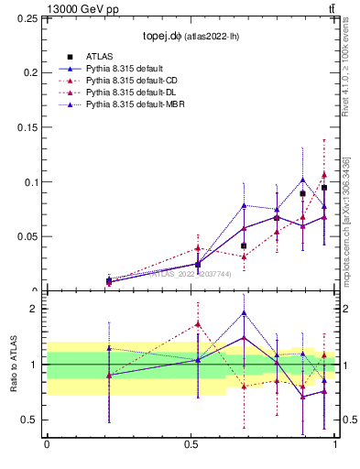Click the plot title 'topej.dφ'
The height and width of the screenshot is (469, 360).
pos(167,37)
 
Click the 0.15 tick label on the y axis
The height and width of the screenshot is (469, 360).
pos(27,127)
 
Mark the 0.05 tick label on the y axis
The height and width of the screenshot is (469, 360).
pos(27,236)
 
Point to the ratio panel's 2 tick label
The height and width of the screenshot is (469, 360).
pos(36,309)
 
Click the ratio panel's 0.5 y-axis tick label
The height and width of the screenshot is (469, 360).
pos(30,420)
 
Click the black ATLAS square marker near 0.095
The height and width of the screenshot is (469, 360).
pos(324,188)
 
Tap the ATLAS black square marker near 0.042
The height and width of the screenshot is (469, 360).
pos(244,245)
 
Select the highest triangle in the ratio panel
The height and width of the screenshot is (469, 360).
pos(244,312)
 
